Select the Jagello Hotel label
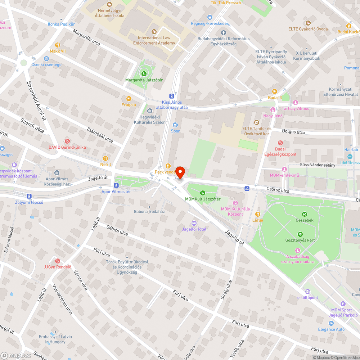pos(194,229)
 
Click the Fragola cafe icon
pos(129,98)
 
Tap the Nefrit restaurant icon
pos(105,158)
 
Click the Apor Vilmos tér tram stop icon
pos(116,185)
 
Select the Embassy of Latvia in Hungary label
pos(55,339)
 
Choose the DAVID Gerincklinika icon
pos(67,141)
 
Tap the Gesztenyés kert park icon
pos(300,234)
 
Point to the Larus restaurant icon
pos(257,214)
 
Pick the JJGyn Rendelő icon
pos(57,261)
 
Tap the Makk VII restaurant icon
pos(57,45)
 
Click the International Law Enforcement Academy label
pos(154,40)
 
